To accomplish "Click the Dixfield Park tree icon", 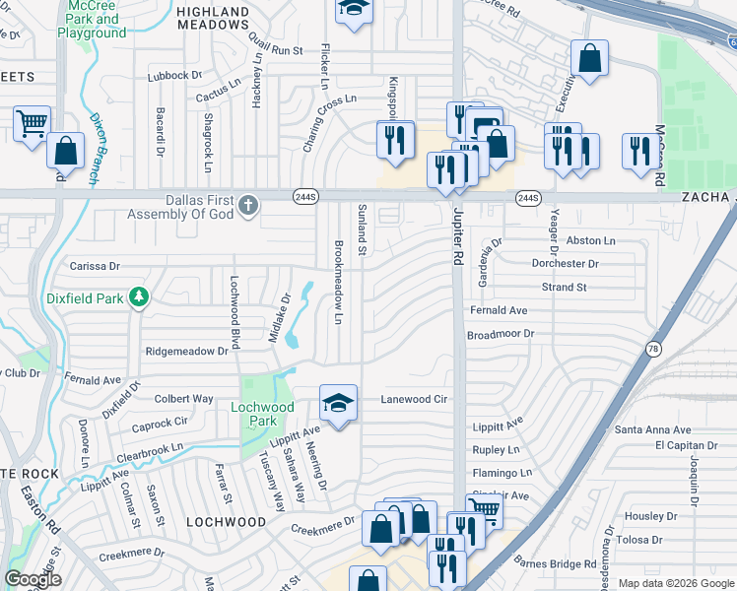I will pos(140,296).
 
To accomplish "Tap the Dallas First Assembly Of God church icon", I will pos(248,206).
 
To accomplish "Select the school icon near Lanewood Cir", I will pos(337,402).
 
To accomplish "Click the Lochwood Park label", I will pos(262,414).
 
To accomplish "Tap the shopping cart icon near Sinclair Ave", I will pos(484,510).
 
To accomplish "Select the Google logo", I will pos(33,580).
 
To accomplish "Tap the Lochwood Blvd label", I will pos(234,311).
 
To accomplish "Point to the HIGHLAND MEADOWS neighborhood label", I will pos(213,19).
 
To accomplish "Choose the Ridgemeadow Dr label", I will pos(186,351).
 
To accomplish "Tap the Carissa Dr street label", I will pos(94,266).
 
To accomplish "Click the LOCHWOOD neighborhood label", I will pos(227,521).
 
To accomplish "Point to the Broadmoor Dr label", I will pos(500,334).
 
